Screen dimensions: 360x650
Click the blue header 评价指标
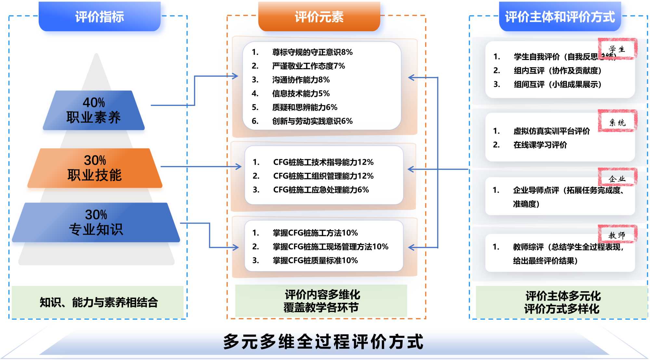[x=99, y=17]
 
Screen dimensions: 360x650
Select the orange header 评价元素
[x=319, y=17]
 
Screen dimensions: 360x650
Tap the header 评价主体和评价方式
[x=560, y=17]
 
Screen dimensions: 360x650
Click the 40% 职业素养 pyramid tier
[x=94, y=110]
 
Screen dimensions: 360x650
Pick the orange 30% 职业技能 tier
[x=95, y=168]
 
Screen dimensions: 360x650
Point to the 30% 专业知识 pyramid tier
[x=96, y=223]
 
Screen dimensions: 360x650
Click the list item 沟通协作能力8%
[x=301, y=80]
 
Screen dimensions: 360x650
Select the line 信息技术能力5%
[x=301, y=94]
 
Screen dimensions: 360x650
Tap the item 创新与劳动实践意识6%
[x=312, y=121]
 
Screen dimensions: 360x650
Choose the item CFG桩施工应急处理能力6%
[x=321, y=190]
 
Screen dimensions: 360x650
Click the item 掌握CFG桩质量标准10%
[x=315, y=261]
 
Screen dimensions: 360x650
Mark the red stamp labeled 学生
[x=617, y=49]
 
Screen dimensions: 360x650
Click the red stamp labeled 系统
[x=617, y=122]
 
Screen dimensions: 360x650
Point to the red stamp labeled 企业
[x=617, y=178]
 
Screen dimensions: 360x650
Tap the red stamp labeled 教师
[x=617, y=235]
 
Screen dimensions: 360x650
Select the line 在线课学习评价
[x=540, y=145]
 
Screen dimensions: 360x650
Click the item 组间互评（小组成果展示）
[x=557, y=84]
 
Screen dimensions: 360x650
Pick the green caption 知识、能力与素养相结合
[x=98, y=302]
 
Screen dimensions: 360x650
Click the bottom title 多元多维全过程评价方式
[x=323, y=342]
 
